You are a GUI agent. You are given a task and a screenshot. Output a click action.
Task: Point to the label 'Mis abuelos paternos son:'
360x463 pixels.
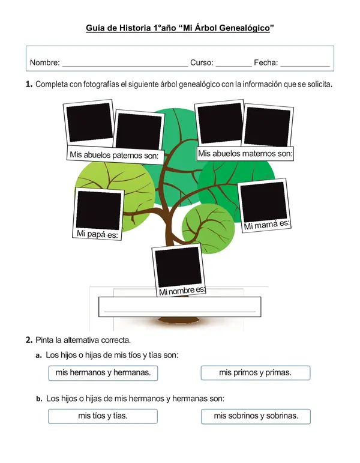click(113, 156)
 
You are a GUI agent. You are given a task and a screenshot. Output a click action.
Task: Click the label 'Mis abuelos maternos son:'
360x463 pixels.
click(245, 154)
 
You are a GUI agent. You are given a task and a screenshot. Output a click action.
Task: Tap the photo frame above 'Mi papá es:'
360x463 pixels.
click(99, 210)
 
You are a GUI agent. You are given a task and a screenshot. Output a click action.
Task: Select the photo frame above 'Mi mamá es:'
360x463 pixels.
click(263, 202)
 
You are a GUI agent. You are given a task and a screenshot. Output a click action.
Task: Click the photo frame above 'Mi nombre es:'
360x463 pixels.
click(178, 266)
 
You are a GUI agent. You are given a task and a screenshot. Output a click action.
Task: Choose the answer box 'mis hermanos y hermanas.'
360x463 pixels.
click(103, 373)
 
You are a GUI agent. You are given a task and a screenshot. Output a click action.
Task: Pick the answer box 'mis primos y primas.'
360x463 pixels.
click(255, 373)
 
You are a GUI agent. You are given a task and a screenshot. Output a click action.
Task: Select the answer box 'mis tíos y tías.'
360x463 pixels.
click(103, 416)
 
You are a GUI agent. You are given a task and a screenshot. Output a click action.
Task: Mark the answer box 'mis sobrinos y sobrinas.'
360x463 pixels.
click(255, 416)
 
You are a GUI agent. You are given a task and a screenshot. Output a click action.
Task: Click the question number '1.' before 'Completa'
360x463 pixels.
click(29, 85)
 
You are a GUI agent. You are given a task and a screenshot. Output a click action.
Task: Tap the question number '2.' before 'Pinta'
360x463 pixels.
click(29, 340)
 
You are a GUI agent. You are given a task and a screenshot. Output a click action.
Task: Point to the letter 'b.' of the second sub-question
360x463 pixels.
click(39, 398)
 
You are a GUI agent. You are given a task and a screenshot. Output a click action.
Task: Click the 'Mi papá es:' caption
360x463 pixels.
click(97, 234)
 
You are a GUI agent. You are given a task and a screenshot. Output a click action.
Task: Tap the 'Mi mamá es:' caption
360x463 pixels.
click(266, 225)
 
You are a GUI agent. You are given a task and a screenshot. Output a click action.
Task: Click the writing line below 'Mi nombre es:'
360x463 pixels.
click(180, 311)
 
